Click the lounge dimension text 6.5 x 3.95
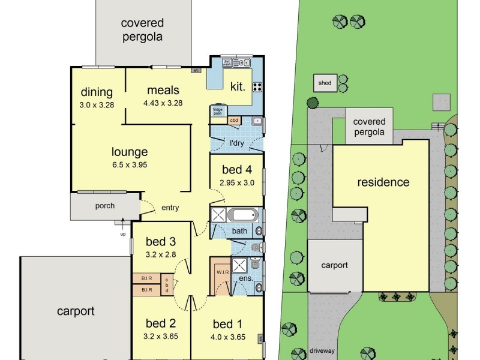coord(130,165)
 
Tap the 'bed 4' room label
coord(236,170)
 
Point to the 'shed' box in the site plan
coord(325,83)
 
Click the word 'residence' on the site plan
coord(383,182)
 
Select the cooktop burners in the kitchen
coord(257,86)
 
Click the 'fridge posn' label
coord(217,111)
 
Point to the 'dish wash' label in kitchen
coord(227,62)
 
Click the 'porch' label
coord(105,206)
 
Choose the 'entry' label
coord(170,208)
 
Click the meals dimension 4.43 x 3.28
coord(163,103)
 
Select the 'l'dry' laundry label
coord(237,143)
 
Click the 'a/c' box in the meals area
coord(196,70)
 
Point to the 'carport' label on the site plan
coord(335,265)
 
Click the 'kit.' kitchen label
coord(238,86)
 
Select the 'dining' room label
coord(97,92)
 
